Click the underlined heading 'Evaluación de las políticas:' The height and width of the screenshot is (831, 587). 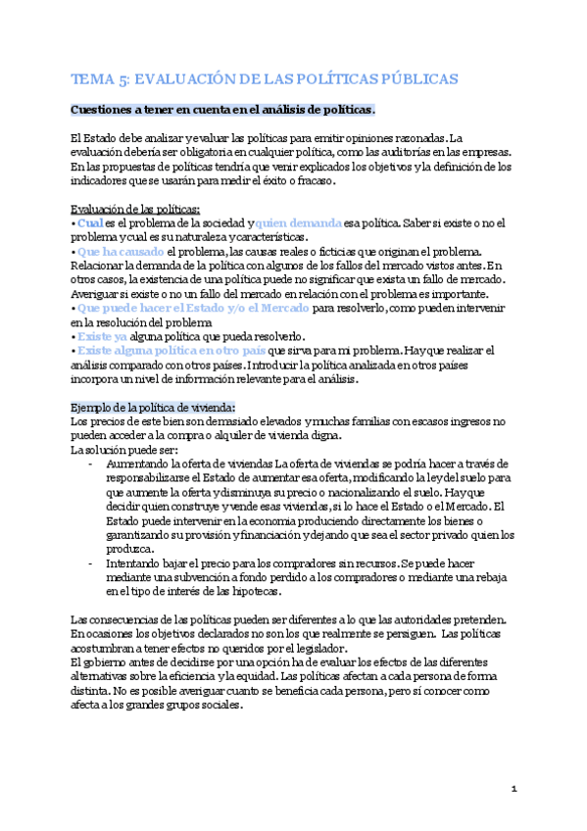click(136, 209)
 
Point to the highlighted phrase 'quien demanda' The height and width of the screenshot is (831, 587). click(300, 223)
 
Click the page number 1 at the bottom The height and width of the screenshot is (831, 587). click(514, 789)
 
